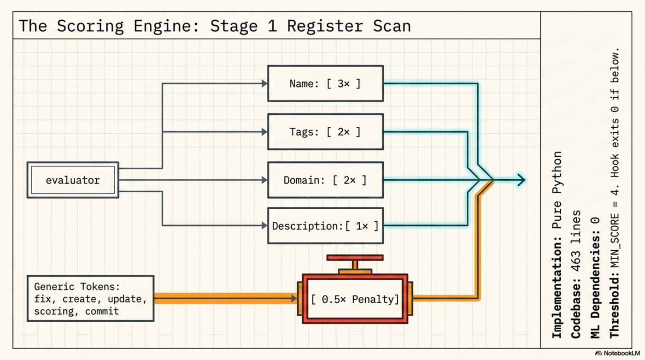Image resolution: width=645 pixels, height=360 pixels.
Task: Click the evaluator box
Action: point(73,180)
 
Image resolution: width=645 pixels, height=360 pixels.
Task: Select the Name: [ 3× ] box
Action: point(325,83)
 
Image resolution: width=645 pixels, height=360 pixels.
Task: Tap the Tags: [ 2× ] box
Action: point(325,132)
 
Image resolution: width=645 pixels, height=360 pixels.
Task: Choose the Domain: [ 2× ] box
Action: point(325,180)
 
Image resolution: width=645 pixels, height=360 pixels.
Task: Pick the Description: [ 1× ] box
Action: point(325,226)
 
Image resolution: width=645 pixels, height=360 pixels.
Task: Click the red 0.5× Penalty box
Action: point(355,299)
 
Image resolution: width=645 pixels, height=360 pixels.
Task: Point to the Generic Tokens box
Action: point(90,299)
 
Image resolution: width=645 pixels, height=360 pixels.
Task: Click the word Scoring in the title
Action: point(90,26)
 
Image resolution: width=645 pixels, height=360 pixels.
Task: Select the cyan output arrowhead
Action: point(521,180)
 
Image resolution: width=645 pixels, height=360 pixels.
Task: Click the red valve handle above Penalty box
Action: point(355,258)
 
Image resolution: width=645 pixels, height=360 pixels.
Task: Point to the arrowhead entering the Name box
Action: point(264,83)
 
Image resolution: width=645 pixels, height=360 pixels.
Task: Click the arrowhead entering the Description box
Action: point(264,226)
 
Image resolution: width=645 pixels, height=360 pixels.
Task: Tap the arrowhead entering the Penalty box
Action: point(293,299)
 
